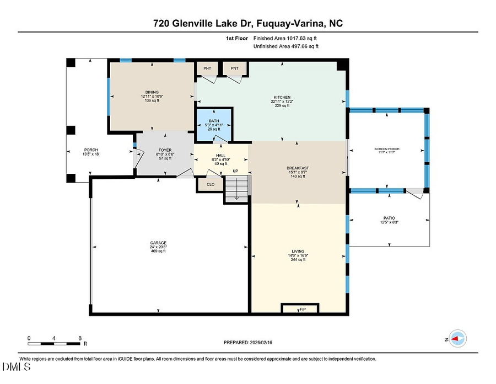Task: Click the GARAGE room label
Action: (158, 243)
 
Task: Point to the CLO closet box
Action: (210, 185)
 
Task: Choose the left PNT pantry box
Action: (207, 68)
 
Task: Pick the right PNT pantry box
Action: (235, 68)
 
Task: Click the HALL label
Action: (220, 156)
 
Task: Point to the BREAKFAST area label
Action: (298, 168)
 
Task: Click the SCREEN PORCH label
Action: (387, 150)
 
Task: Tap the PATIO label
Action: (389, 218)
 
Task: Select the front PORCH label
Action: (91, 150)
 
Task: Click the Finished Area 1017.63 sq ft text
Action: (285, 39)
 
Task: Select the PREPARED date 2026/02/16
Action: (248, 343)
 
